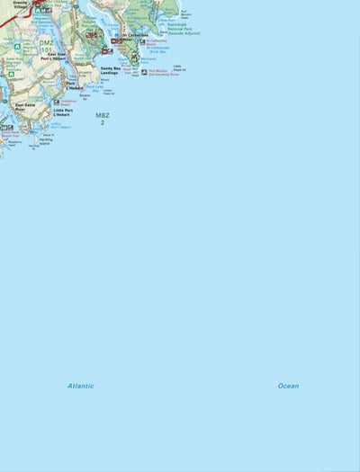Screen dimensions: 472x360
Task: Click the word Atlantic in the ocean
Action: click(x=80, y=386)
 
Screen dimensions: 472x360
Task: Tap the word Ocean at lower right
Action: click(x=288, y=386)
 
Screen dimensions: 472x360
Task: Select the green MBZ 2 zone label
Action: click(x=103, y=118)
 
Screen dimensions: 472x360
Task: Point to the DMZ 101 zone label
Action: click(x=46, y=46)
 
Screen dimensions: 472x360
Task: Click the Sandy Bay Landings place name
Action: click(x=112, y=70)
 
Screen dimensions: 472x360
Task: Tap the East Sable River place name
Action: click(x=25, y=107)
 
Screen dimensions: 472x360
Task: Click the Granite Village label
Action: click(x=20, y=4)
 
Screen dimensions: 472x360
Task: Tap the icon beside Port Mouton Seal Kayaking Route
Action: click(x=144, y=72)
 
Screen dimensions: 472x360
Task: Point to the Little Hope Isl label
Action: click(x=179, y=67)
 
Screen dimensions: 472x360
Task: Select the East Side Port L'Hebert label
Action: click(x=58, y=56)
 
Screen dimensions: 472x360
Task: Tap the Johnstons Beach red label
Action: click(x=68, y=102)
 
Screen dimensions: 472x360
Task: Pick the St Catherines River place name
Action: click(x=135, y=37)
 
